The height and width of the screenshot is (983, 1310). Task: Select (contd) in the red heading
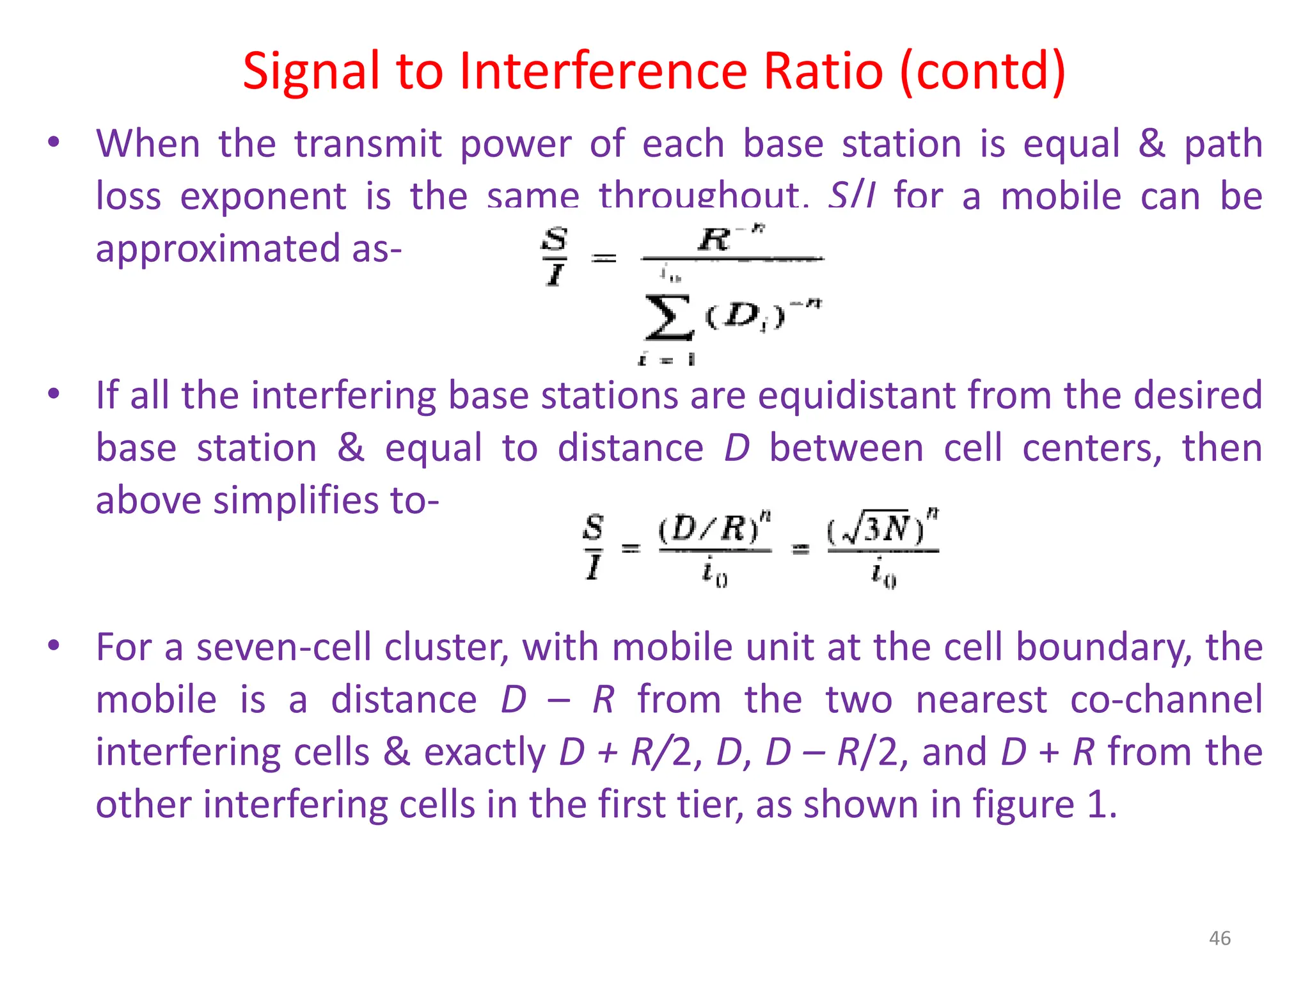point(982,72)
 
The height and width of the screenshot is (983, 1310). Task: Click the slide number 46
point(1219,938)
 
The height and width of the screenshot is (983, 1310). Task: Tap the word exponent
point(263,196)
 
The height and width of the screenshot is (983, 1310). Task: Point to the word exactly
point(485,752)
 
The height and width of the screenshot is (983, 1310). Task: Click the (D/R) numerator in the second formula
point(713,529)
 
